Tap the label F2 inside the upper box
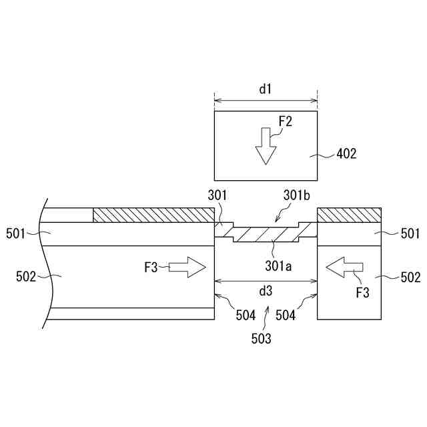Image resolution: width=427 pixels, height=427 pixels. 285,121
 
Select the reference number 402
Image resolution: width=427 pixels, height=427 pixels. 346,154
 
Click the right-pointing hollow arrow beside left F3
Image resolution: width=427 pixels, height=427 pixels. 187,268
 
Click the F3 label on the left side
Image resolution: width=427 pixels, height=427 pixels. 151,268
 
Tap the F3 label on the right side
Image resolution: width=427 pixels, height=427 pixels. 362,292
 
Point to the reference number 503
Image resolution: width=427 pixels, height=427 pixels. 261,339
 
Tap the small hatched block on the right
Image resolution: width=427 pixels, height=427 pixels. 349,216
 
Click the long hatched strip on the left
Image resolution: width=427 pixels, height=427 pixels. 153,216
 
